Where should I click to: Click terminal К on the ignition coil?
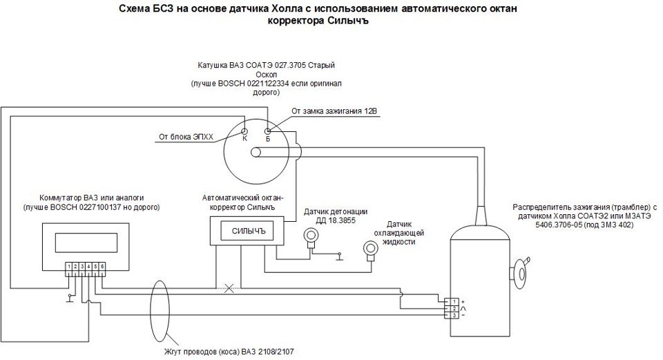pyautogui.click(x=244, y=130)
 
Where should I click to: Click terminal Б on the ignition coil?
pyautogui.click(x=267, y=130)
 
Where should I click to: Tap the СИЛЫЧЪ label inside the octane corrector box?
pyautogui.click(x=248, y=230)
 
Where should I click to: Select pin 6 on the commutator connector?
pyautogui.click(x=102, y=266)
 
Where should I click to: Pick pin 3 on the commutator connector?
pyautogui.click(x=83, y=266)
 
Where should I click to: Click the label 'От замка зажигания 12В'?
pyautogui.click(x=336, y=111)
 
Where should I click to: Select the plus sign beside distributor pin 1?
pyautogui.click(x=463, y=301)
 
